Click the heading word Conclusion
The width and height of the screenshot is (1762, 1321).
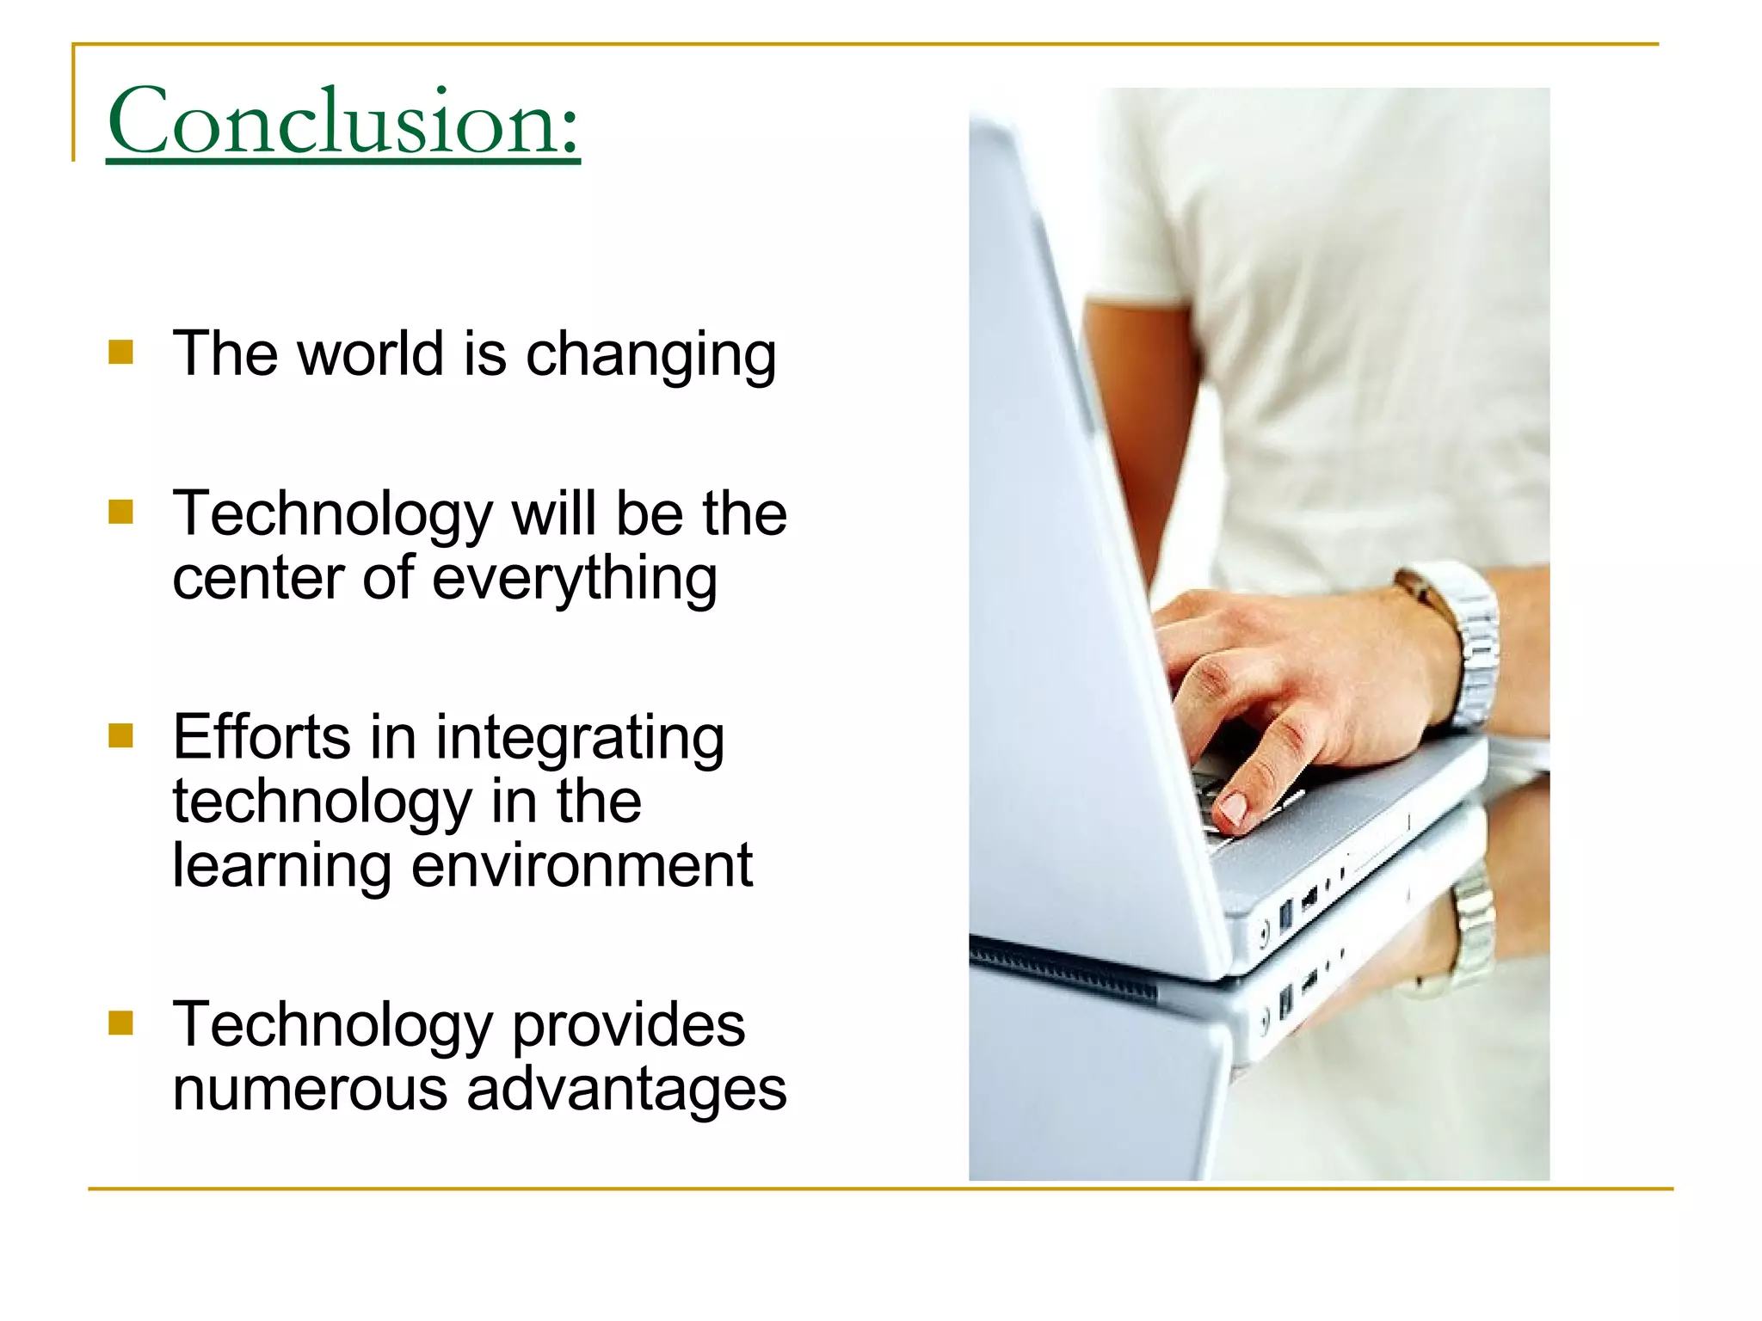click(342, 121)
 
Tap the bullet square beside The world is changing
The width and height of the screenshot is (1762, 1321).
click(121, 353)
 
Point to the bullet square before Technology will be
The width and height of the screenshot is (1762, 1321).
click(121, 513)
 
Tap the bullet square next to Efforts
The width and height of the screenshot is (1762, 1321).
click(121, 736)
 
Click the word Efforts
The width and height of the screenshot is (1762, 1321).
click(262, 737)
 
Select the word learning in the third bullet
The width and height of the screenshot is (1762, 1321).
click(282, 867)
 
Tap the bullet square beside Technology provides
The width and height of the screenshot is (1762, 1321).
click(121, 1023)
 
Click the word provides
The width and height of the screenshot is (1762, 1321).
click(628, 1025)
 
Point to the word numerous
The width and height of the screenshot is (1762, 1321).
click(310, 1089)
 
